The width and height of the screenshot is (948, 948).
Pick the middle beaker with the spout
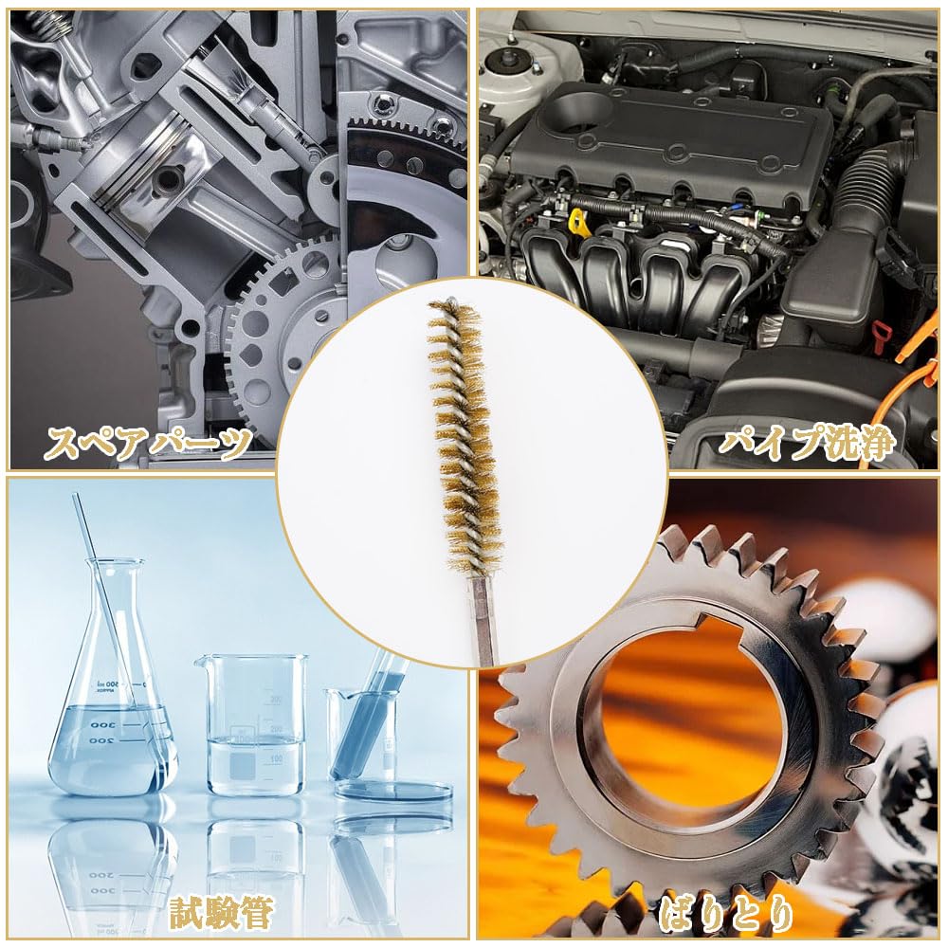click(255, 725)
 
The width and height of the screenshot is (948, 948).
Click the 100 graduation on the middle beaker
click(276, 759)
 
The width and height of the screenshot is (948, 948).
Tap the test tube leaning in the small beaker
click(370, 720)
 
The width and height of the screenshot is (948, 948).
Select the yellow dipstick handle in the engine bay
click(576, 224)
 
